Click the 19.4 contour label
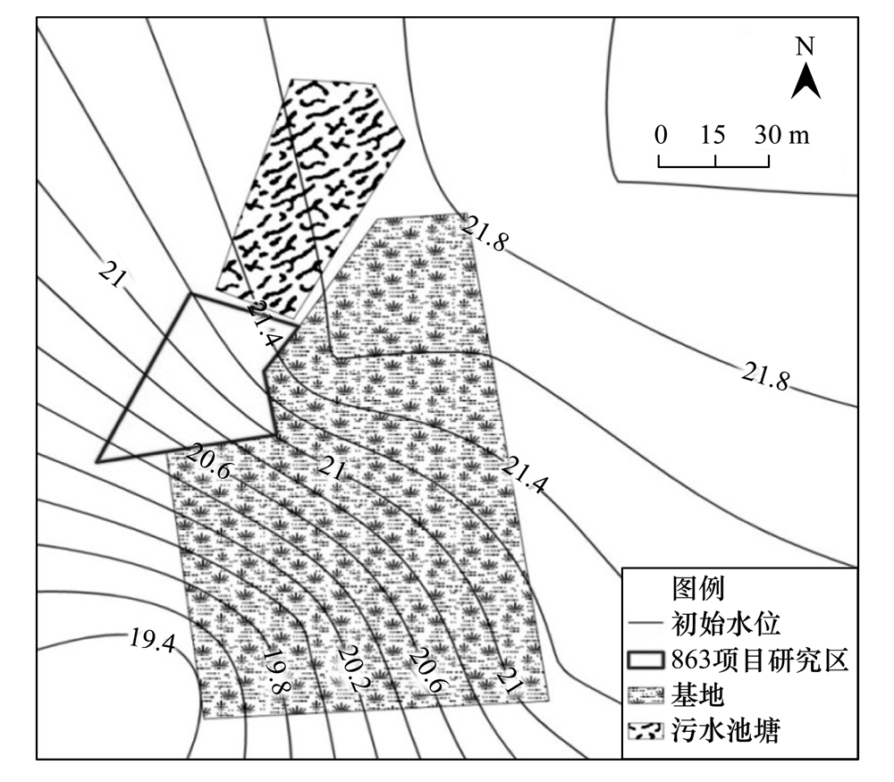click(152, 640)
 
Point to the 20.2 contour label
click(352, 666)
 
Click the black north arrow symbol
click(805, 79)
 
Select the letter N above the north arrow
click(805, 46)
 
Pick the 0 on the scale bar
click(661, 135)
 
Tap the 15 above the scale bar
click(713, 135)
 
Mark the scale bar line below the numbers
click(714, 162)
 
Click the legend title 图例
click(696, 588)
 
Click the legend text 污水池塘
click(722, 731)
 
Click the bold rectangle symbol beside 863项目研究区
click(645, 661)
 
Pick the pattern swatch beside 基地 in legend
click(645, 696)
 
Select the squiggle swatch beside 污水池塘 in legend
click(645, 731)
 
